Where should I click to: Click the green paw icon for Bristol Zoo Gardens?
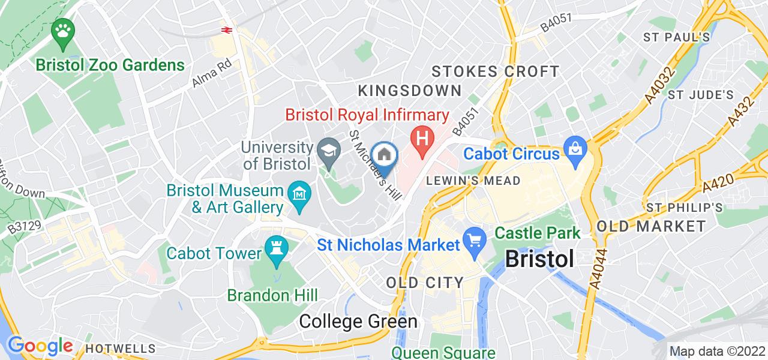coord(62,31)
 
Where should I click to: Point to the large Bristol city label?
coord(539,259)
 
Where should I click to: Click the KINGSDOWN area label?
coord(410,91)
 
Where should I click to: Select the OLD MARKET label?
coord(652,226)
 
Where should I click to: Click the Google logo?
coord(40,347)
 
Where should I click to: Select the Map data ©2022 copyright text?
coord(717,352)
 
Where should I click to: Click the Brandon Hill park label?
coord(272,295)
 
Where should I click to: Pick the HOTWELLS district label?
coord(120,349)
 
